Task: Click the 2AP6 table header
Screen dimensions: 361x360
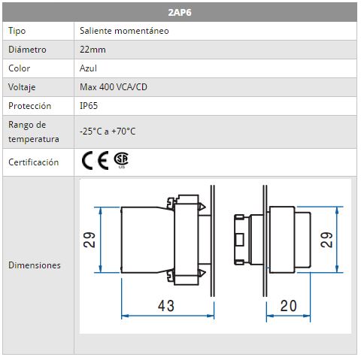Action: coord(180,12)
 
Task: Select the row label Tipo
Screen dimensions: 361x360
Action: coord(17,31)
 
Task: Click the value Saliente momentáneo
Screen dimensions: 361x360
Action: coord(124,31)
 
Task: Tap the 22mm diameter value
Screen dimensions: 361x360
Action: coord(93,50)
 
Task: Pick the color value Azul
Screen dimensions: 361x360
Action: coord(88,68)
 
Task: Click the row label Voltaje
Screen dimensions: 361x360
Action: coord(22,87)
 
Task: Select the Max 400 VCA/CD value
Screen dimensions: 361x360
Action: coord(114,87)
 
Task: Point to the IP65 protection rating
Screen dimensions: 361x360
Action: coord(89,106)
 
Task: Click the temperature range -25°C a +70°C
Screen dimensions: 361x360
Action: coord(108,132)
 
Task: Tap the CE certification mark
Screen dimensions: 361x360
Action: coord(95,160)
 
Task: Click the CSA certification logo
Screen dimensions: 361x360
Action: coord(122,160)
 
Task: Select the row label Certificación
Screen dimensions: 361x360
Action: coord(34,162)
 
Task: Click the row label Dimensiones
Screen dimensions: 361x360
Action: coord(35,265)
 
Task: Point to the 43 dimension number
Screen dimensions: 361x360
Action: coord(166,306)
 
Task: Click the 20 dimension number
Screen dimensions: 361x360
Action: coord(288,306)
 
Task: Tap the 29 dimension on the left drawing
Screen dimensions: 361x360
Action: coord(89,240)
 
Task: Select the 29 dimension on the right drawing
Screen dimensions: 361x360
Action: coord(326,240)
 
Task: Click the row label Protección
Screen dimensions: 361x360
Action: coord(30,106)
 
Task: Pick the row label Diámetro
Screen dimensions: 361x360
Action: coord(27,50)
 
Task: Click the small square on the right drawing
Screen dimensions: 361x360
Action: coord(239,240)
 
